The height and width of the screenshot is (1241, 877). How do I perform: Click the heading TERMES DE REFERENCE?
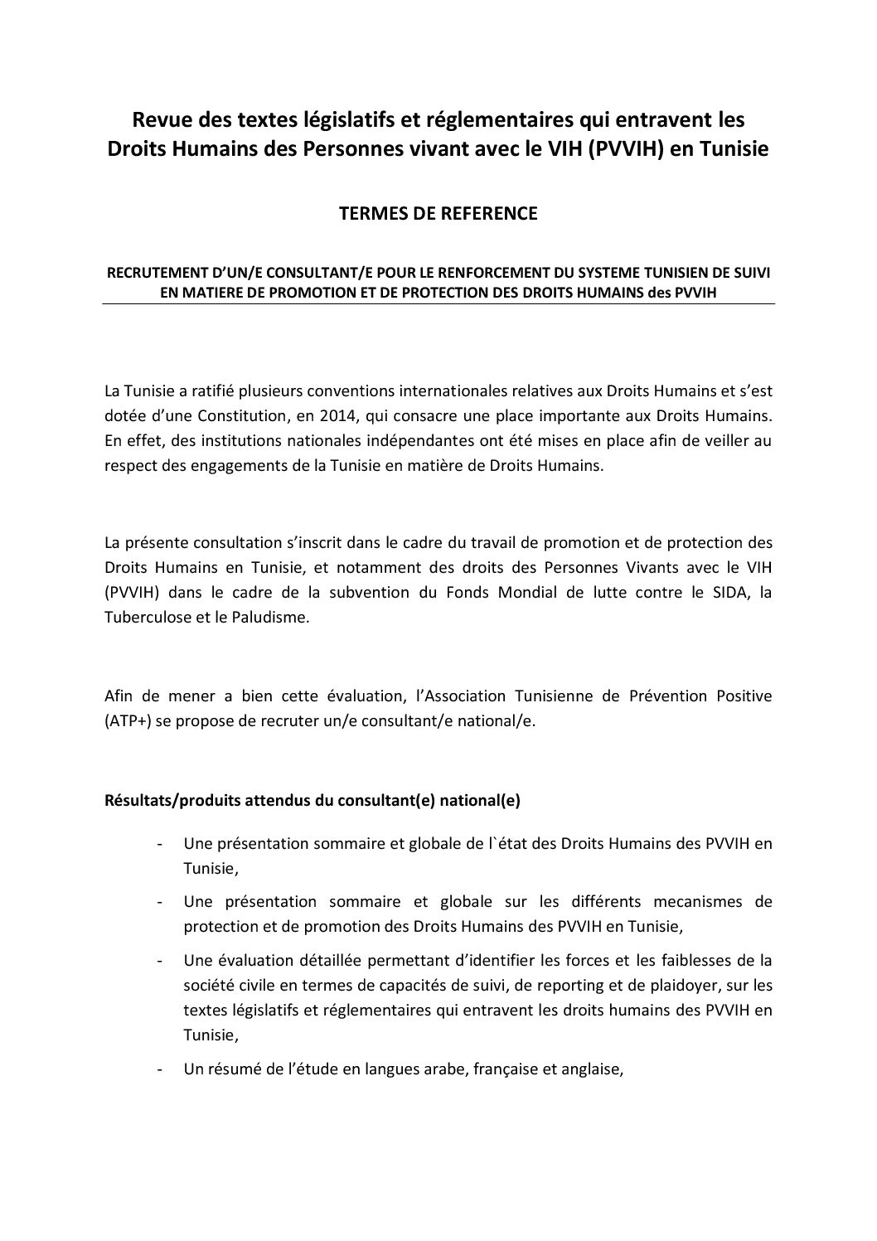click(438, 214)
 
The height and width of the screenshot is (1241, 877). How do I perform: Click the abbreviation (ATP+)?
click(127, 720)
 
